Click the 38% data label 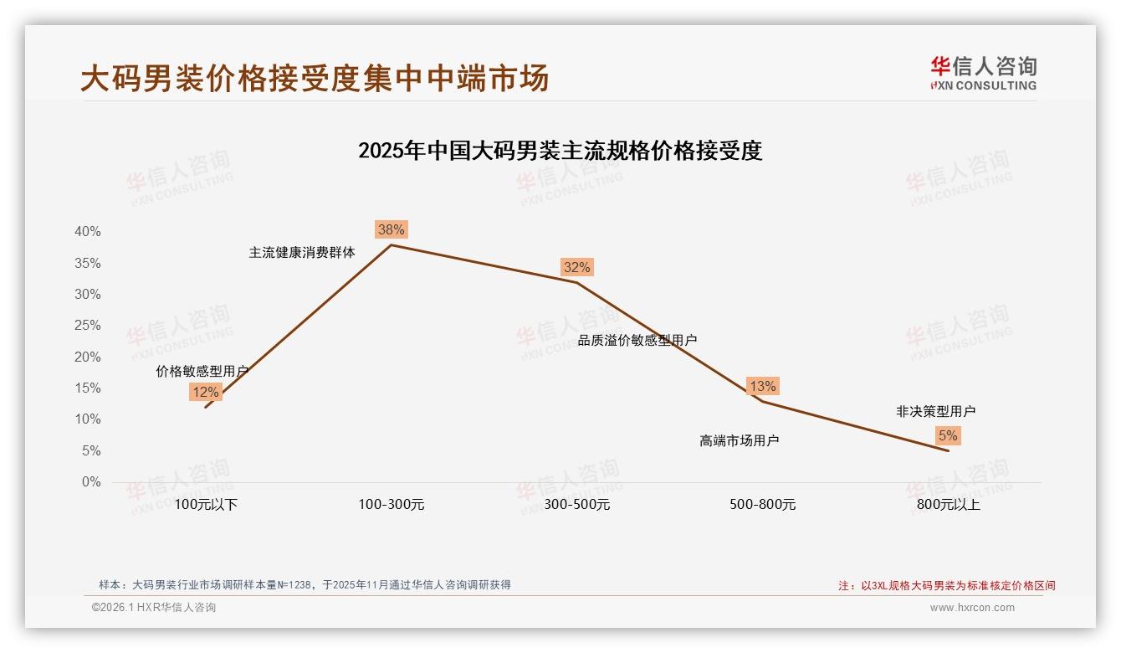pos(391,229)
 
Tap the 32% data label pos(576,267)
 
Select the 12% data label pos(205,392)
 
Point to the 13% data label pos(762,386)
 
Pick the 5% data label pos(948,435)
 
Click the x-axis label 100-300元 pos(392,505)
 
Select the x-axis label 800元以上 pos(948,505)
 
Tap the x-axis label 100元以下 pos(206,505)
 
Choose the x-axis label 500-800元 pos(762,505)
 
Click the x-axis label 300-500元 pos(576,505)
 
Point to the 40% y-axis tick pos(87,232)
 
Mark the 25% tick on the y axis pos(87,326)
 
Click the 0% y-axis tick pos(90,482)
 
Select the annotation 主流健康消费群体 pos(302,252)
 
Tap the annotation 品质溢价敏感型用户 pos(637,340)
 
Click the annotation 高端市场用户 pos(740,440)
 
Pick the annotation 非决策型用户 pos(935,411)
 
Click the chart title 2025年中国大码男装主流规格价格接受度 pos(560,151)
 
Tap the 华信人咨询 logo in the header pos(983,74)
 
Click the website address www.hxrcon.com pos(972,608)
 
